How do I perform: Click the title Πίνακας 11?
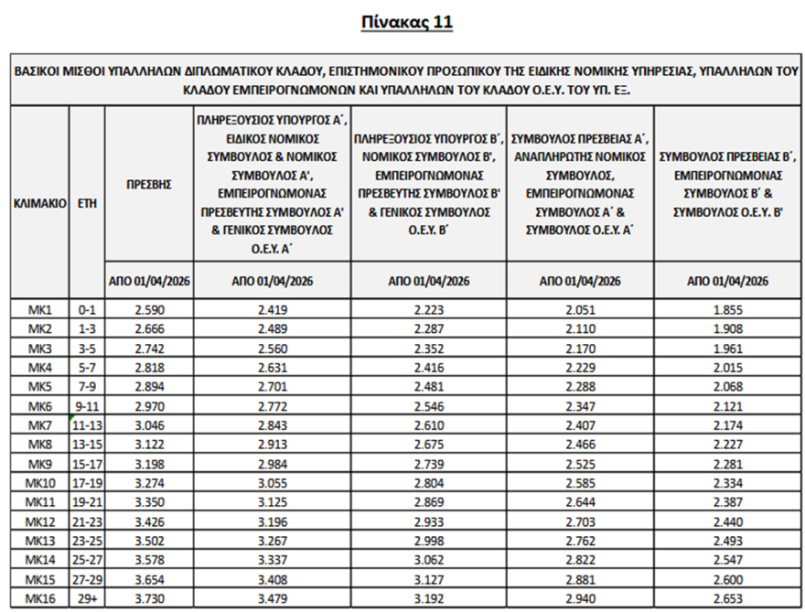[x=402, y=22]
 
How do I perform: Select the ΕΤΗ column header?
[x=88, y=200]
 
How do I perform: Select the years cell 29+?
[x=88, y=597]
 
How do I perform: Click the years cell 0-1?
[x=88, y=309]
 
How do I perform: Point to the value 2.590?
[x=149, y=309]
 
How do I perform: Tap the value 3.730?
[x=149, y=597]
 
